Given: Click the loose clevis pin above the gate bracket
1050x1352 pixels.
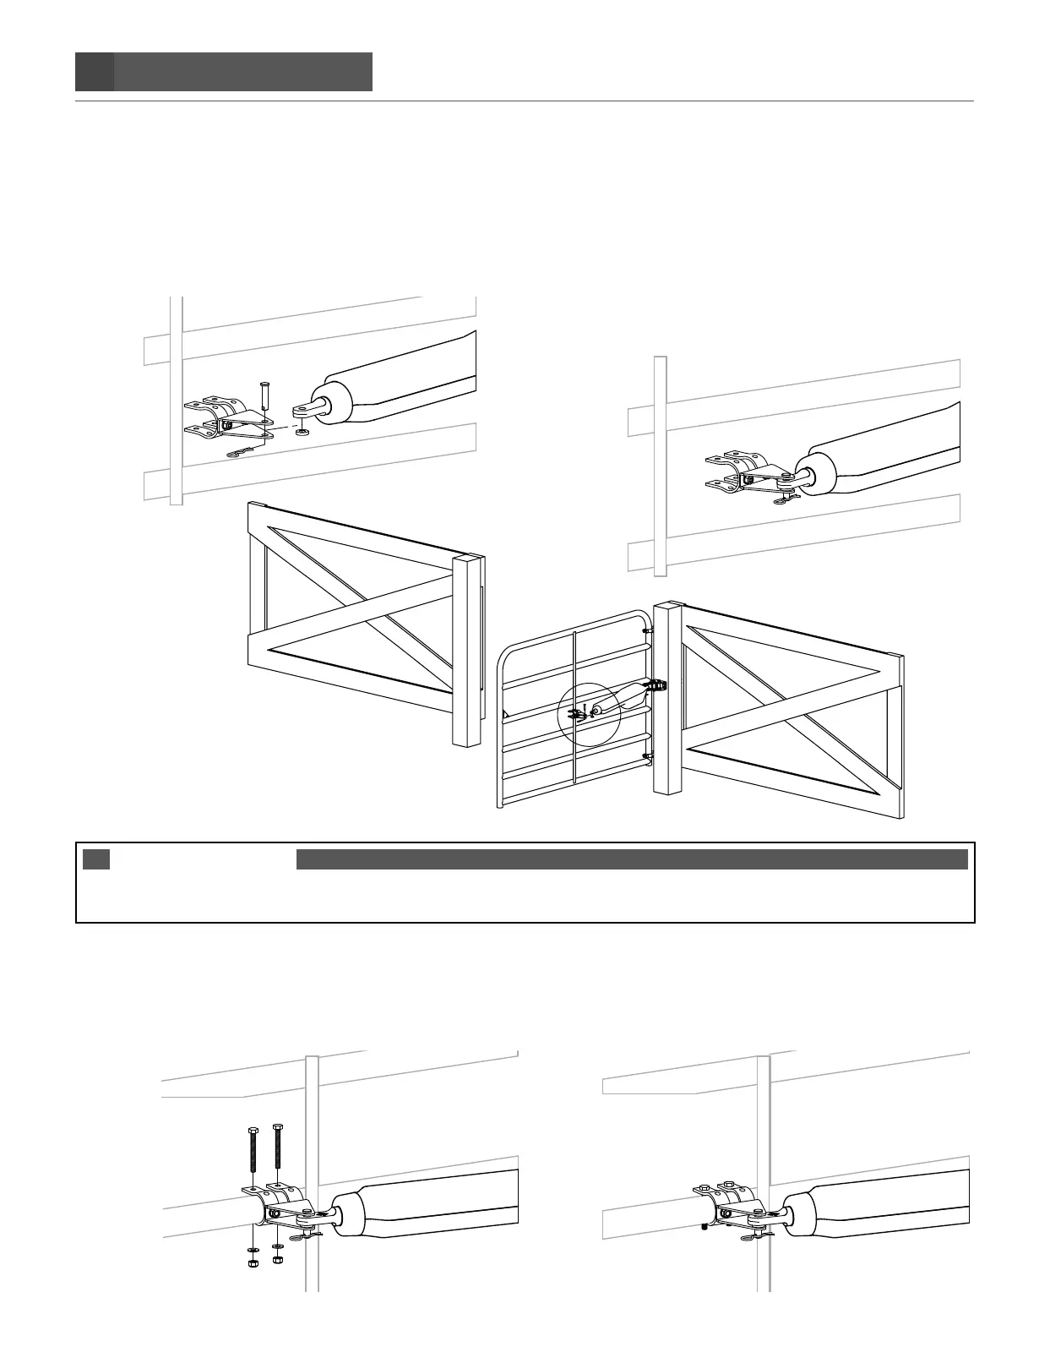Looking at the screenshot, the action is tap(264, 395).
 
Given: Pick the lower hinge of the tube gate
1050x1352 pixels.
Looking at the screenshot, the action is tap(647, 756).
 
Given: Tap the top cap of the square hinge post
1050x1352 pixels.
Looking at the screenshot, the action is tap(666, 605).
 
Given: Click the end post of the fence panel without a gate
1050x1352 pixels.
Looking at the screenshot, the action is tap(469, 651).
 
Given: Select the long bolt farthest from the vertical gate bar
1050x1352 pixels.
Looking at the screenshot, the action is tap(252, 1158).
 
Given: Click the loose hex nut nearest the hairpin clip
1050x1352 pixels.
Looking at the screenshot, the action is tap(278, 1259).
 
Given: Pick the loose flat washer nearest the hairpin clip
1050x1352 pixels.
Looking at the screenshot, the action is tap(278, 1245).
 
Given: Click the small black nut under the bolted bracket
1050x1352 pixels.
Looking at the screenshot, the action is tap(704, 1228).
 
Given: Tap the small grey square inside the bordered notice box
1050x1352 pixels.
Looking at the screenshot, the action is tap(96, 859).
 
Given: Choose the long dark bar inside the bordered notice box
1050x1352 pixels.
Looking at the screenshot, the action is tap(631, 859).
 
